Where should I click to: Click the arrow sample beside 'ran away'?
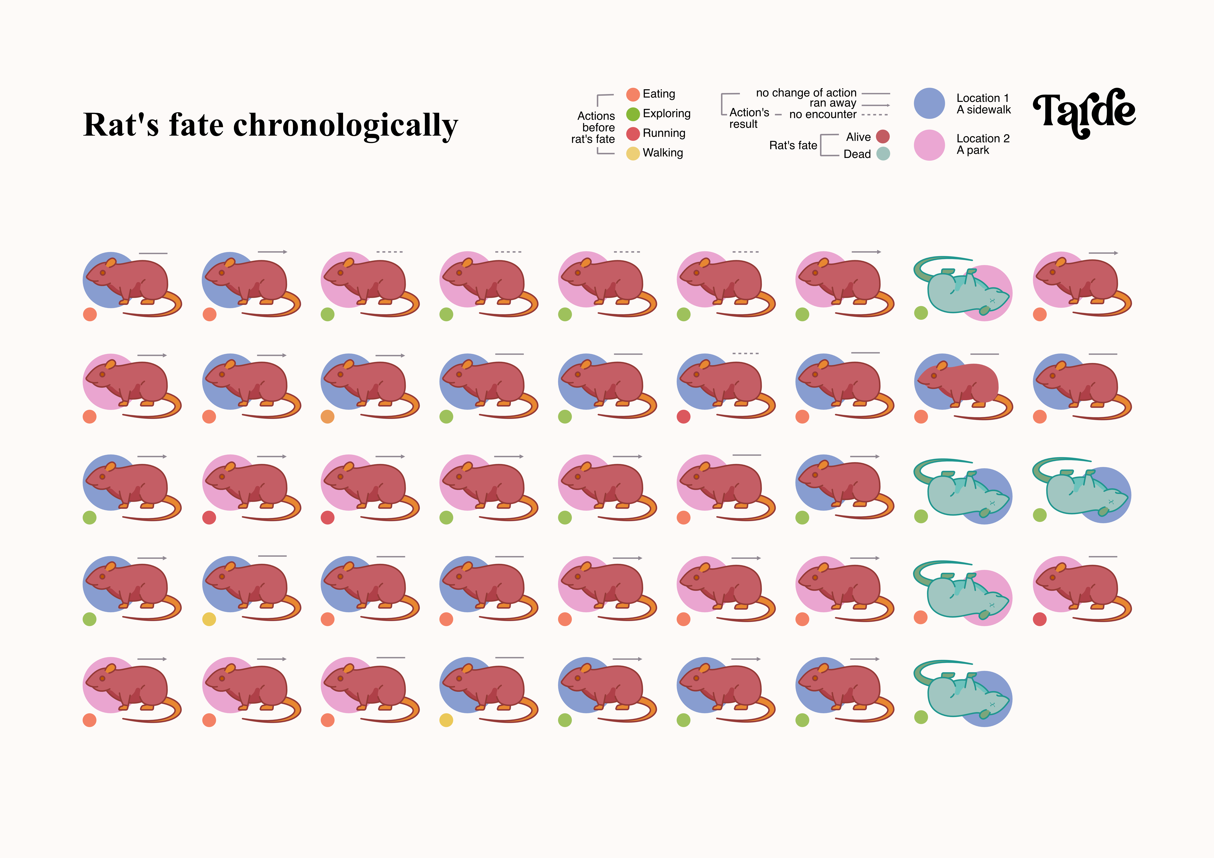[876, 105]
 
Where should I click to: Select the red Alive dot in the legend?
[882, 137]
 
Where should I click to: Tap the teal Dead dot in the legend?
[882, 154]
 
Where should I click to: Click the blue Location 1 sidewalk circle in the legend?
[929, 104]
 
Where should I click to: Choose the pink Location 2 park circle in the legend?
[929, 145]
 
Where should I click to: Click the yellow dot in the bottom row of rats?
[446, 720]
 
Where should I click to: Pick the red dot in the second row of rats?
[684, 417]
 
